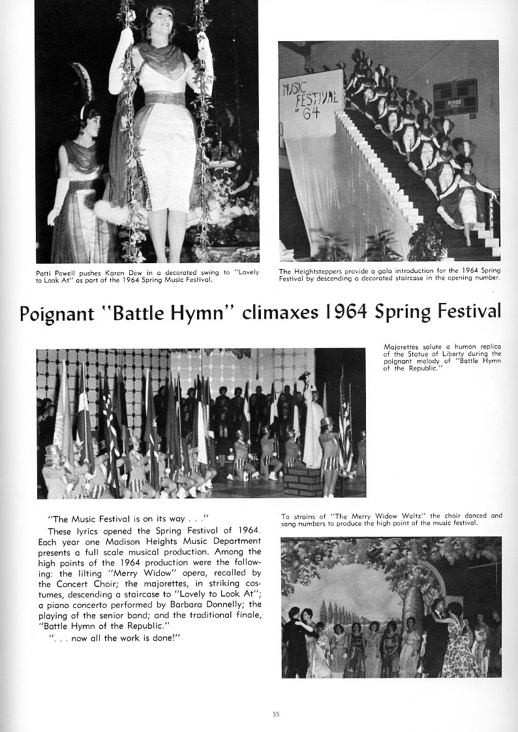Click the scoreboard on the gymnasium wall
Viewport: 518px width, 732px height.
point(455,96)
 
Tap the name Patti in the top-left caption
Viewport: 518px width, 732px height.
point(45,272)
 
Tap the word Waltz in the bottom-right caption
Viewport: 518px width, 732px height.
point(385,516)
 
